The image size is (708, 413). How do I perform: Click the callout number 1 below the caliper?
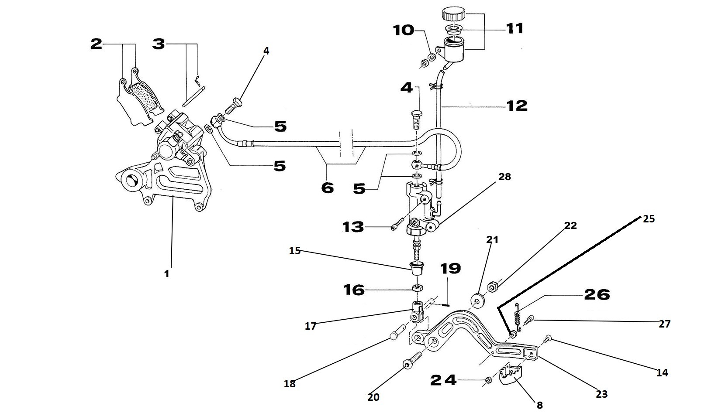click(166, 273)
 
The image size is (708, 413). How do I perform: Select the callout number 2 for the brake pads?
click(96, 44)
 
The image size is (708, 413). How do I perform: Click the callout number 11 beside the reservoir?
click(515, 29)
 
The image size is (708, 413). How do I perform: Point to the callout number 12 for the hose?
click(517, 106)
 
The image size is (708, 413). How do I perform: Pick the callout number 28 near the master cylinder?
click(504, 177)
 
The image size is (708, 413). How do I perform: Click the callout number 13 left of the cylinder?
click(353, 227)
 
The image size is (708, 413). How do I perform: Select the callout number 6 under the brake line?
click(327, 188)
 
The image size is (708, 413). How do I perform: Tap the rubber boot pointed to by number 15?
click(417, 267)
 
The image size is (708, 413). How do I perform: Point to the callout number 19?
click(450, 268)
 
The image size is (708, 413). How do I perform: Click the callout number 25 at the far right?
click(649, 219)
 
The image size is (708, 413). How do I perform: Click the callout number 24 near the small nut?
click(443, 380)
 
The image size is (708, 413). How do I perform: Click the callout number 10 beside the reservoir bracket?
click(403, 30)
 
